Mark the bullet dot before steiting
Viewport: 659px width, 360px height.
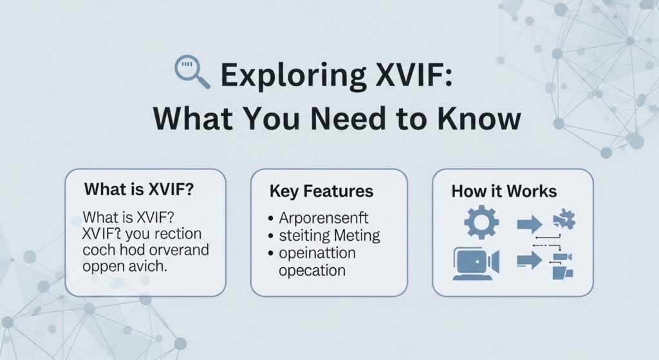pyautogui.click(x=273, y=235)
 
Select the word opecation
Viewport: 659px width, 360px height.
pyautogui.click(x=312, y=270)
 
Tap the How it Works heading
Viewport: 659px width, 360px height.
pyautogui.click(x=504, y=191)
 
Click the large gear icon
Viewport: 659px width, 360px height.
pyautogui.click(x=481, y=223)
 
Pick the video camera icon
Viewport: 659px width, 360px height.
pyautogui.click(x=476, y=262)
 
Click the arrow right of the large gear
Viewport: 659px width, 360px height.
pyautogui.click(x=530, y=224)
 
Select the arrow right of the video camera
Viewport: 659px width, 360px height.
pyautogui.click(x=530, y=262)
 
